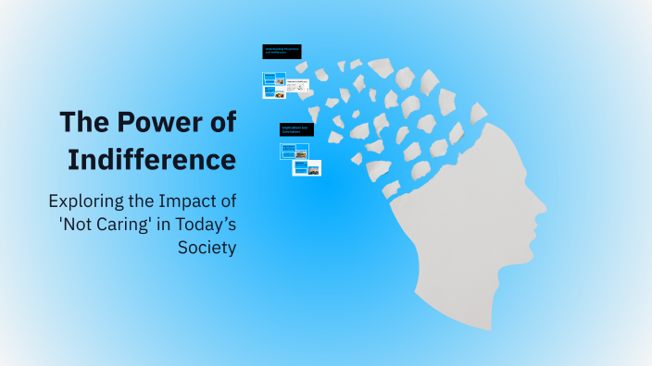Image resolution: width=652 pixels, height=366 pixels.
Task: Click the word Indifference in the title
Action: coord(152,158)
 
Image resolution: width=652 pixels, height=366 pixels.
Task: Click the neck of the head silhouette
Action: coord(435,296)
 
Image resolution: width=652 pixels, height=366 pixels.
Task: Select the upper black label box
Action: coord(282,52)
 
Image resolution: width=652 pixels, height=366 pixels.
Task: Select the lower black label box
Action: coord(296,129)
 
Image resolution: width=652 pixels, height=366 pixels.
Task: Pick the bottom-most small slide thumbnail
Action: coord(307,168)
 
